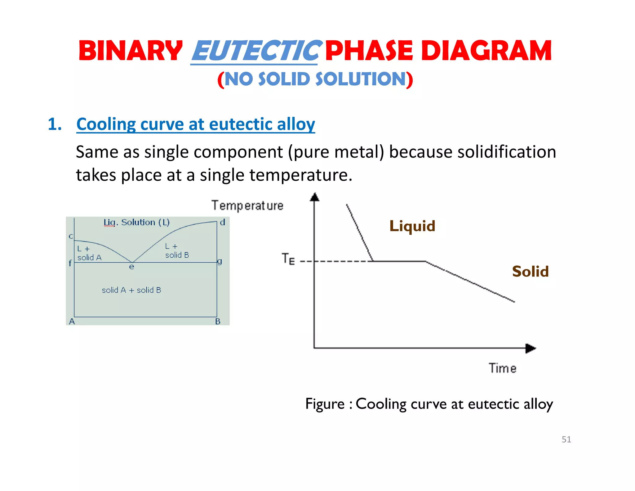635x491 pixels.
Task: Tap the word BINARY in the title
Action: click(x=131, y=51)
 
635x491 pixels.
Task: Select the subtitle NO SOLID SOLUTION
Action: click(x=315, y=79)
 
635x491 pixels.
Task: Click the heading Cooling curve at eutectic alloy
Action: click(x=196, y=124)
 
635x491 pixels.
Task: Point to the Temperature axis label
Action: click(x=247, y=206)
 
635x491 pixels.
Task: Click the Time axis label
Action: click(x=503, y=368)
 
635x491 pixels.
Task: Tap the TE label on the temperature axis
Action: click(x=288, y=259)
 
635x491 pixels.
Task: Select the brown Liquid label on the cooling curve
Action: click(x=412, y=226)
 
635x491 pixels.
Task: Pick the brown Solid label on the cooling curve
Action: click(x=530, y=272)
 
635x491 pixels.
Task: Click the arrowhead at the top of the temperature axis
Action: click(x=315, y=197)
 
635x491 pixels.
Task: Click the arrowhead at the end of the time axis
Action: click(x=531, y=348)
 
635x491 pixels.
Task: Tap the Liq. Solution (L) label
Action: click(x=137, y=223)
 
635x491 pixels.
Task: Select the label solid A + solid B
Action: click(x=131, y=290)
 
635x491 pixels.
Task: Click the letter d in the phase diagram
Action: click(x=222, y=223)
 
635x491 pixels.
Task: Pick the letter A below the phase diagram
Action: click(x=72, y=322)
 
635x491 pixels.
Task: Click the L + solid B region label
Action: click(x=177, y=251)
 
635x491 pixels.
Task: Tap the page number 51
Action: click(x=566, y=439)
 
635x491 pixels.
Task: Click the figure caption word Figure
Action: click(x=325, y=404)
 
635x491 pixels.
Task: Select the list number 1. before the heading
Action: click(x=55, y=124)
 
